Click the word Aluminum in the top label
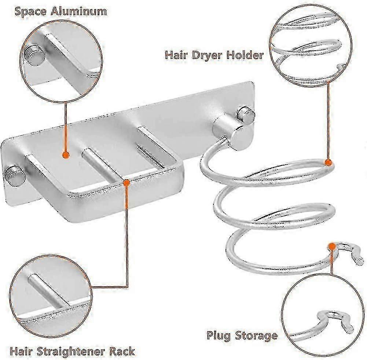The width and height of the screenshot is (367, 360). point(78,11)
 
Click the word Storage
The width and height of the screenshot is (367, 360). point(256,336)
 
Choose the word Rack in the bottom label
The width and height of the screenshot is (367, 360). point(125,351)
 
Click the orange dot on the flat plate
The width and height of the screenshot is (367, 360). point(66,155)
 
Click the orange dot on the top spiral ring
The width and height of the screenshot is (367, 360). point(328,162)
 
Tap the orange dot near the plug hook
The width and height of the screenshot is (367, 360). point(332,246)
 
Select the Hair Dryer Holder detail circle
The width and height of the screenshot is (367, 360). point(311,46)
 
